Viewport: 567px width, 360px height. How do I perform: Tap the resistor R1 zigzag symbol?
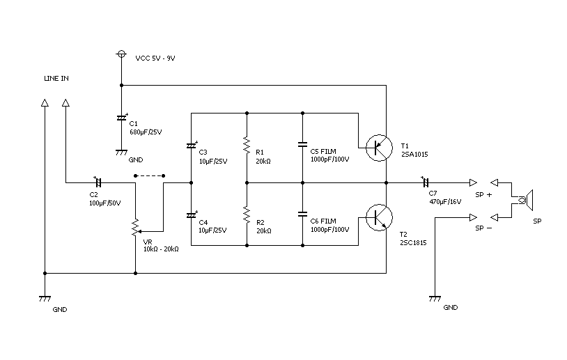pyautogui.click(x=247, y=145)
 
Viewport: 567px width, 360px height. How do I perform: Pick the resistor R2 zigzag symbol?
pyautogui.click(x=247, y=214)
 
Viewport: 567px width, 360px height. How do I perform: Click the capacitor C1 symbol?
pyautogui.click(x=122, y=118)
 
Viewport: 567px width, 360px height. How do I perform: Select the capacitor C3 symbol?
pyautogui.click(x=192, y=146)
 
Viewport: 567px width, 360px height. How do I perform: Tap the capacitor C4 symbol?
pyautogui.click(x=192, y=215)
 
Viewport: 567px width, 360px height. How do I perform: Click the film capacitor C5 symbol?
pyautogui.click(x=302, y=145)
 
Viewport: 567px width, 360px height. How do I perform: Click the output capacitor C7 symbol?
pyautogui.click(x=426, y=182)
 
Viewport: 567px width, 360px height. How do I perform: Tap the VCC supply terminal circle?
pyautogui.click(x=122, y=54)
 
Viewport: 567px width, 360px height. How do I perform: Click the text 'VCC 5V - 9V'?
pyautogui.click(x=155, y=58)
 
